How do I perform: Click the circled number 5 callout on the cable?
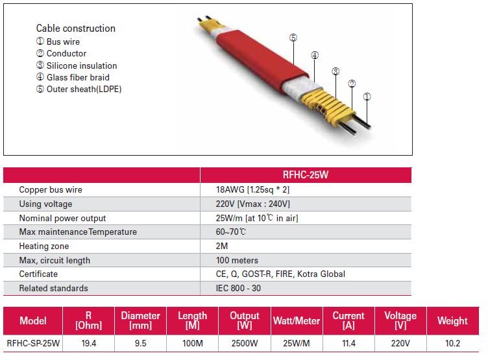(293, 38)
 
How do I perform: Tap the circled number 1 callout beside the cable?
(367, 97)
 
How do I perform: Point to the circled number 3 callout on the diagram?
(335, 71)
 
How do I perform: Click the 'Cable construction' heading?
(76, 29)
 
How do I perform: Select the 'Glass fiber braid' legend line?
(73, 77)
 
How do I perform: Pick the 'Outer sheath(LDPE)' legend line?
(79, 89)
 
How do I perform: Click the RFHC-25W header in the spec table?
(305, 174)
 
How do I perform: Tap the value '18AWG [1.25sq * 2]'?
(252, 189)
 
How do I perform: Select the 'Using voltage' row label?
(45, 204)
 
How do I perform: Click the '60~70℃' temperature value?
(230, 232)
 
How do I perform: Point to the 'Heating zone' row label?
(44, 246)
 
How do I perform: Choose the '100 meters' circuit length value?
(237, 260)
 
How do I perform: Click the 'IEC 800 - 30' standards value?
(238, 288)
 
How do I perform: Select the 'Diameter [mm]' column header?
(141, 320)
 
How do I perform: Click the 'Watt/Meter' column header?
(297, 321)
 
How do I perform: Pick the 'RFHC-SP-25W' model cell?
(33, 343)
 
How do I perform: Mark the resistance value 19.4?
(89, 343)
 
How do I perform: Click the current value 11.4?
(348, 343)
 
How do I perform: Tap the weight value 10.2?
(452, 343)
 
